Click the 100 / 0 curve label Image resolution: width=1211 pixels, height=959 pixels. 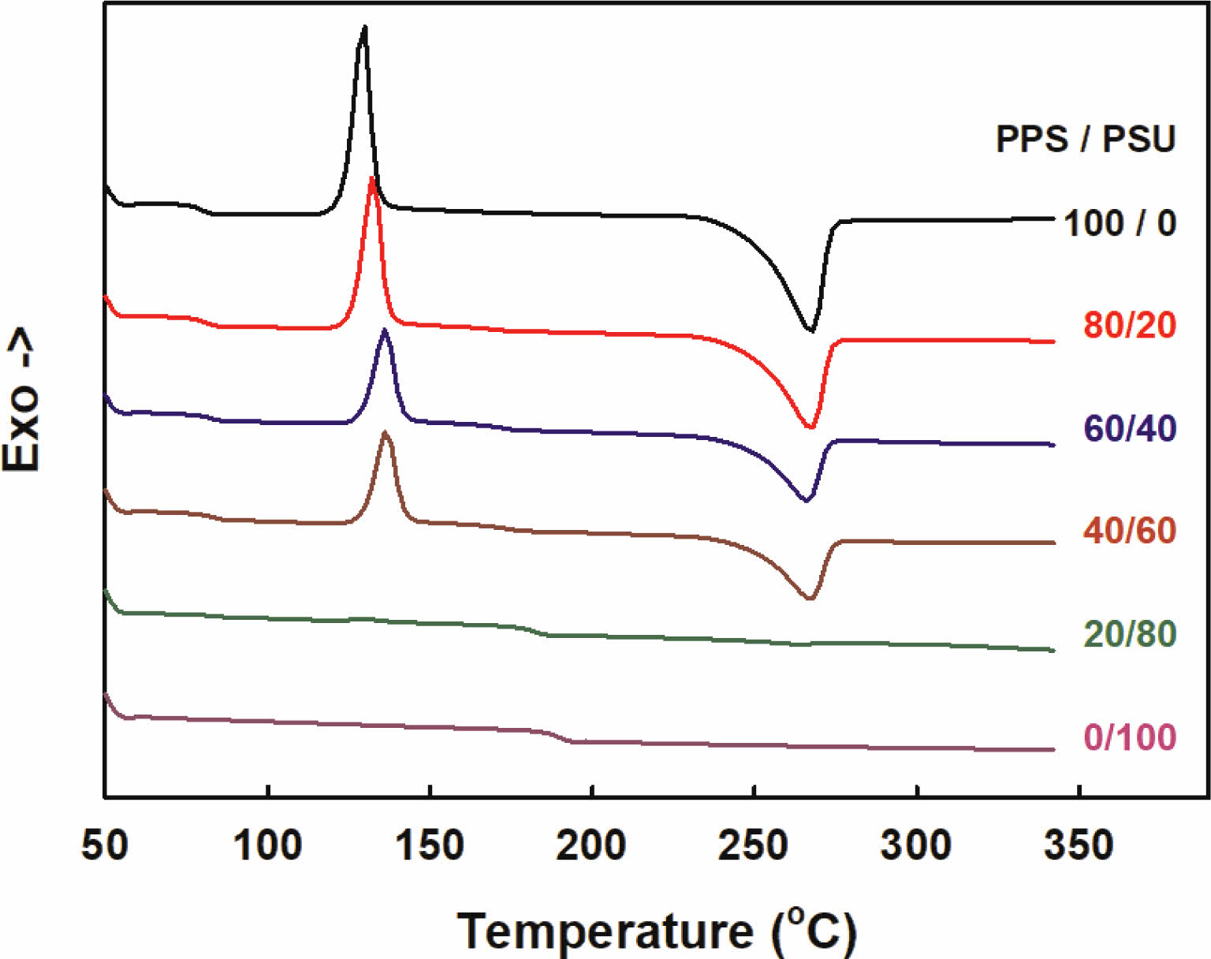click(x=1120, y=223)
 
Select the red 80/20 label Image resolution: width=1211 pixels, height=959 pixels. click(x=1129, y=325)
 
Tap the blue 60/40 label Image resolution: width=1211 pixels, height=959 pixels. click(x=1129, y=428)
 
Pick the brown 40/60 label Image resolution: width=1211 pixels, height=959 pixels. click(x=1129, y=531)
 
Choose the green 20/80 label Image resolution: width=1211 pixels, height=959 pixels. click(x=1129, y=634)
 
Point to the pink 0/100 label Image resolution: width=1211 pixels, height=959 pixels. click(x=1129, y=737)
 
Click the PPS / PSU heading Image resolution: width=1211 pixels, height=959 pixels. click(x=1086, y=140)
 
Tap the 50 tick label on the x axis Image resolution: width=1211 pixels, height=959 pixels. click(x=104, y=845)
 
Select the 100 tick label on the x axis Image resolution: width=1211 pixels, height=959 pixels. click(x=267, y=845)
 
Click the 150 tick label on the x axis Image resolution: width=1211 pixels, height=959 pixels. click(x=430, y=845)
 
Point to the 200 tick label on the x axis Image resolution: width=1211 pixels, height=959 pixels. click(x=591, y=845)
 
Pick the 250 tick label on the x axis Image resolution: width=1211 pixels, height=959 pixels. click(x=754, y=845)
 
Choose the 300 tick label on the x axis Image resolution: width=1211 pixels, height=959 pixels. click(x=916, y=845)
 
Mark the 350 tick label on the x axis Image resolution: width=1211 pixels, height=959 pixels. click(x=1079, y=845)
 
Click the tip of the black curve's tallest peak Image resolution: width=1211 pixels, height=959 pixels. click(x=364, y=27)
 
